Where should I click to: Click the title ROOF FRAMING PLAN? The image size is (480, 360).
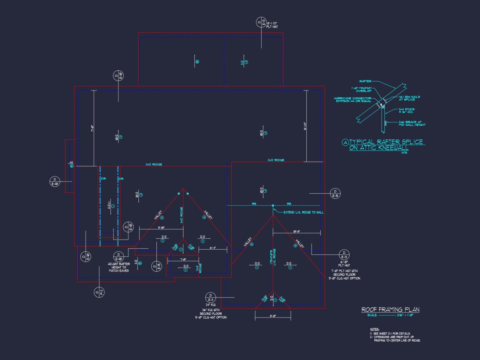[390, 310]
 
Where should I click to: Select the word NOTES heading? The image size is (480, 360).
[374, 329]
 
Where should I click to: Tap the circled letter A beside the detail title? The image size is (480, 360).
[346, 142]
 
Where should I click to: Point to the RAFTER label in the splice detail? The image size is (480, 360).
[365, 81]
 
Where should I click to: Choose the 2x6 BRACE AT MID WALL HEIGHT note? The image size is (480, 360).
[412, 124]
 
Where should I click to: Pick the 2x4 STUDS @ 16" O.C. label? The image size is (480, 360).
[407, 110]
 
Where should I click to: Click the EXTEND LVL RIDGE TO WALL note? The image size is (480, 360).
[303, 212]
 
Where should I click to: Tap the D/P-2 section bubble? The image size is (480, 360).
[99, 292]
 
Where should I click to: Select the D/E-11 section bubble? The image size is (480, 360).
[210, 298]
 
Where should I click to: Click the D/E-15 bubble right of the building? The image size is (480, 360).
[335, 194]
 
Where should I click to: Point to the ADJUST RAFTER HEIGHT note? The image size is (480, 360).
[118, 267]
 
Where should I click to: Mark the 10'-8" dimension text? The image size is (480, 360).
[296, 231]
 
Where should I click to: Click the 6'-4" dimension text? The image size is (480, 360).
[213, 248]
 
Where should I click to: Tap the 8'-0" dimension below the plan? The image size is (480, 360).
[273, 316]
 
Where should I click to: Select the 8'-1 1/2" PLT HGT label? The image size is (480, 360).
[275, 25]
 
